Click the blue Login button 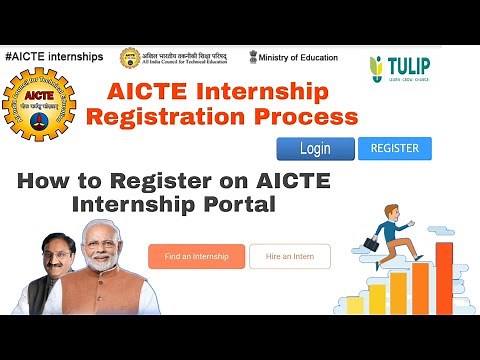tap(314, 149)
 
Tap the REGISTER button tap(394, 148)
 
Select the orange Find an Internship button tap(197, 257)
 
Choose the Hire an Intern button tap(289, 257)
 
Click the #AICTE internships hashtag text tap(54, 56)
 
